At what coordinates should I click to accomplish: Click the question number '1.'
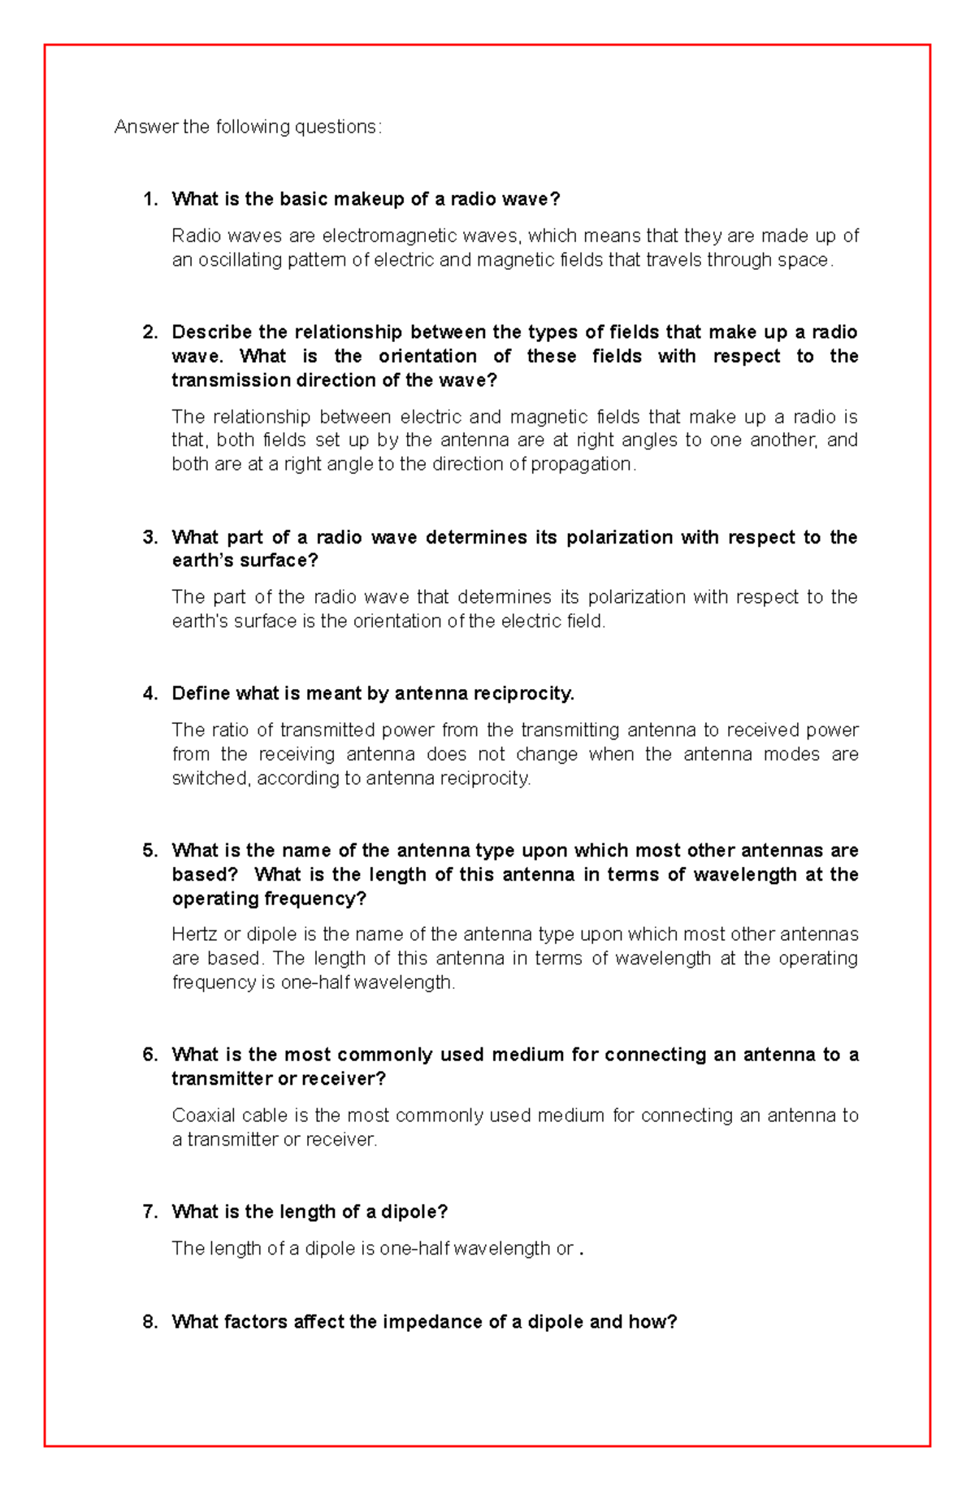[x=150, y=199]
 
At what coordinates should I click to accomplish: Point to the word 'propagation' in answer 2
[x=580, y=464]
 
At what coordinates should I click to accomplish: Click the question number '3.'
[x=150, y=537]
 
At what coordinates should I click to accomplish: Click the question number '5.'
[x=150, y=851]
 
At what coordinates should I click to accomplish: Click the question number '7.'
[x=150, y=1211]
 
